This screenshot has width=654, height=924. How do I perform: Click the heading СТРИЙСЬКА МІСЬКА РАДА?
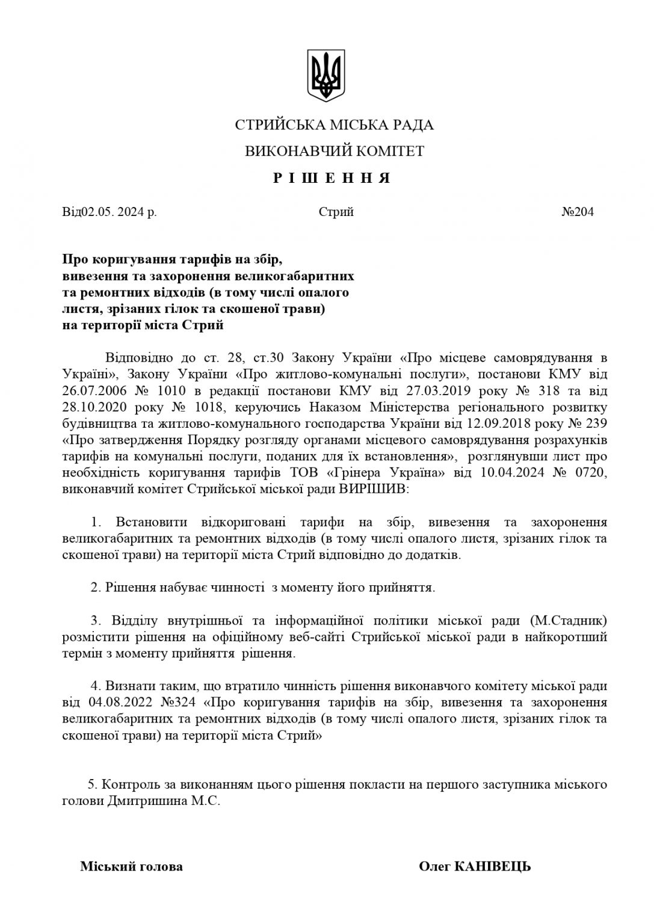[x=335, y=125]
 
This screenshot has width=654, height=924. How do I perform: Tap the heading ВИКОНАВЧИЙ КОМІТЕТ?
[x=335, y=151]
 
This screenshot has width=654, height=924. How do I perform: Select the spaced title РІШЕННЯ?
[x=333, y=179]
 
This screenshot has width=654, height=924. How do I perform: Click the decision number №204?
[x=578, y=212]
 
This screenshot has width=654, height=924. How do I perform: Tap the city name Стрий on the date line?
[x=336, y=212]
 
